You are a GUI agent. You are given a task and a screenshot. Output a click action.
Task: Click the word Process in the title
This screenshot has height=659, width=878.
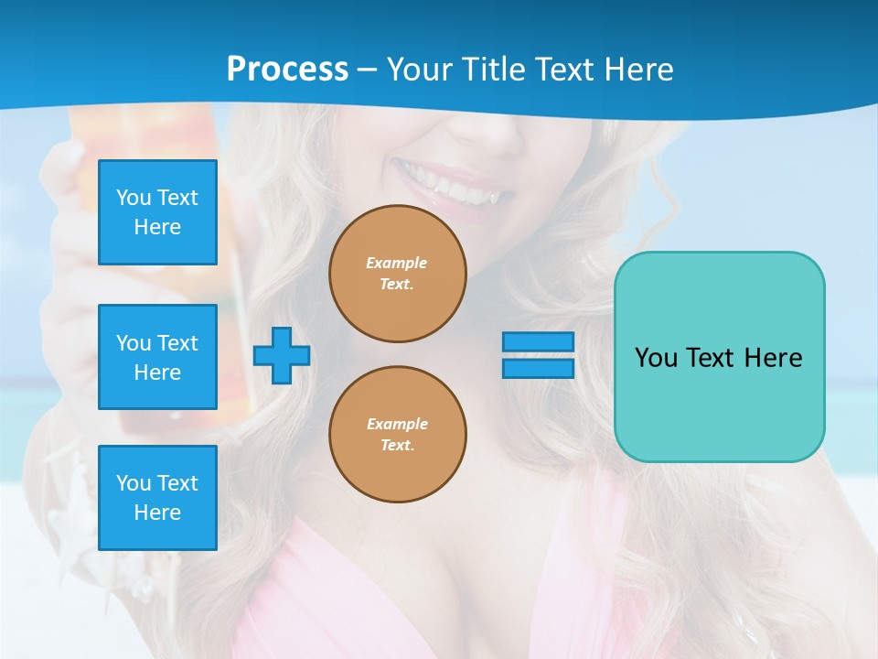tap(287, 70)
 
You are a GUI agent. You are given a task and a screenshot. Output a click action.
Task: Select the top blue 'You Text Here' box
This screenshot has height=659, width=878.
tap(157, 212)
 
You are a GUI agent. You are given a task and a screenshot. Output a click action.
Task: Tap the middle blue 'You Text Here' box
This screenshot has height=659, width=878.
tap(157, 357)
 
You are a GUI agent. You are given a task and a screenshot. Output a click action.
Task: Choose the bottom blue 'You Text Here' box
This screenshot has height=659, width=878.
tap(157, 498)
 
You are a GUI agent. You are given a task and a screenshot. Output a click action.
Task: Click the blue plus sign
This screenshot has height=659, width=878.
tap(282, 355)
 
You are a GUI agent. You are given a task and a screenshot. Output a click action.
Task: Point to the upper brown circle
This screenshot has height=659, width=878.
tap(397, 274)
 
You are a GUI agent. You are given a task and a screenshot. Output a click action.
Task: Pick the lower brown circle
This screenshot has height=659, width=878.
tap(397, 435)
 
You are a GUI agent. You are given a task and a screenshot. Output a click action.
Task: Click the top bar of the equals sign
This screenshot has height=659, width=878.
tap(538, 342)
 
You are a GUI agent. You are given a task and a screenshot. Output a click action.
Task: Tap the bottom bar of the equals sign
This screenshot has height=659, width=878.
tap(538, 368)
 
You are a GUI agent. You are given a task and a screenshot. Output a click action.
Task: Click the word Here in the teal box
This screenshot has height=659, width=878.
tap(774, 358)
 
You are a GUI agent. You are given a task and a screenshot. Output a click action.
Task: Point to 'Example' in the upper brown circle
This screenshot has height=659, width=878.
tap(397, 263)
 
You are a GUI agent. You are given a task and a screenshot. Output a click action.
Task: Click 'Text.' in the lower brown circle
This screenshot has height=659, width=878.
tap(397, 446)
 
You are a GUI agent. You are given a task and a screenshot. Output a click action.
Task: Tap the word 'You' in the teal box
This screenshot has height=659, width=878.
tap(656, 358)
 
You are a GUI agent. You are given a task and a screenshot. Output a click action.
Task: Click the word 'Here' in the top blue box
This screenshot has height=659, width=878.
tap(157, 227)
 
